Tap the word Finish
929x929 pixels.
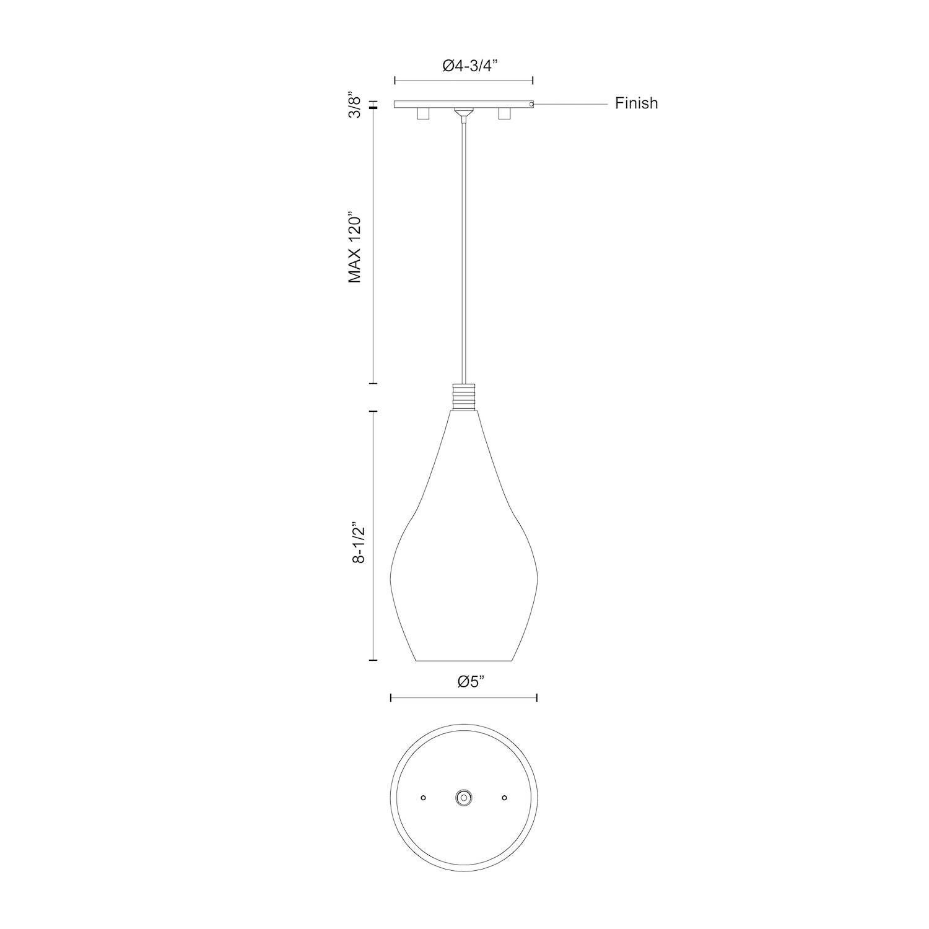(x=636, y=103)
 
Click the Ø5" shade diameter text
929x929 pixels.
(x=471, y=681)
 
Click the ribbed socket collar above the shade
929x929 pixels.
(x=464, y=397)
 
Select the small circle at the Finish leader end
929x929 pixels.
(x=532, y=104)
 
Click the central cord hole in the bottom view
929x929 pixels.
(x=463, y=798)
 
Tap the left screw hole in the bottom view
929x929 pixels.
(x=424, y=798)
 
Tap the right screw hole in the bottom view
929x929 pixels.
(x=504, y=798)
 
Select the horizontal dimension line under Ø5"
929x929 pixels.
(x=463, y=698)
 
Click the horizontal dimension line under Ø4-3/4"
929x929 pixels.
(x=464, y=81)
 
